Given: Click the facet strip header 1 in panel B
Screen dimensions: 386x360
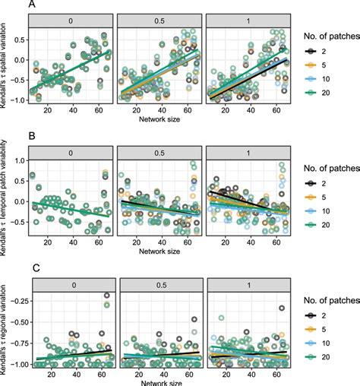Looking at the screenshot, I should [x=249, y=147].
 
